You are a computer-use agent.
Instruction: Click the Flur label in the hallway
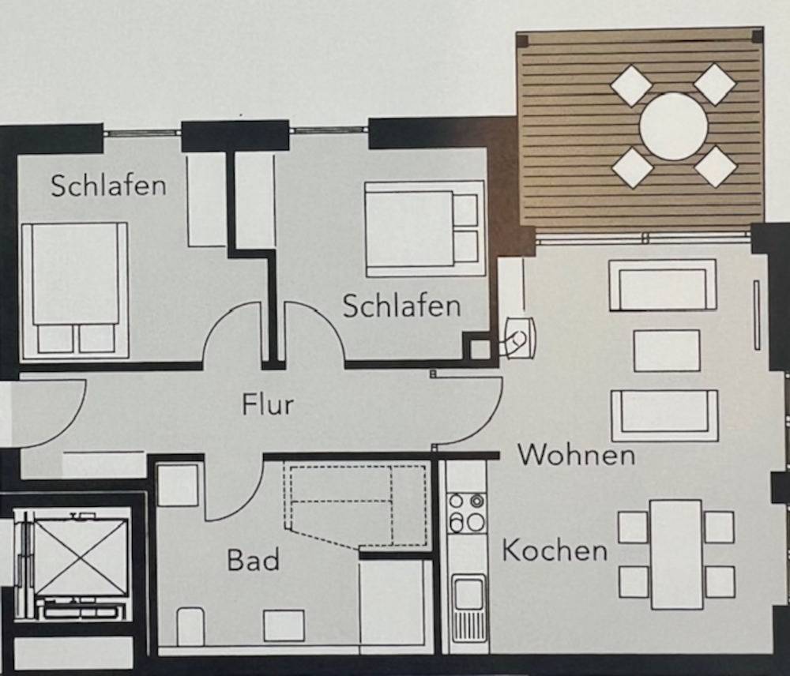click(268, 405)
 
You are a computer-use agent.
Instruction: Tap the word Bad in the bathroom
click(253, 560)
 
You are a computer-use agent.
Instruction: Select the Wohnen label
click(577, 456)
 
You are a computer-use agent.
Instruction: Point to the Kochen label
click(555, 550)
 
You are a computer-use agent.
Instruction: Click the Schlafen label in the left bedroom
click(108, 185)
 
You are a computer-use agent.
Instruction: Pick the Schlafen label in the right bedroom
click(401, 306)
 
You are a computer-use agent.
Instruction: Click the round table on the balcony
click(674, 126)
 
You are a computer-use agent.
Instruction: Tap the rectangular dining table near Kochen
click(676, 554)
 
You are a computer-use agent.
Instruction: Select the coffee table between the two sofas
click(667, 351)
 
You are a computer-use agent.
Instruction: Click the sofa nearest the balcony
click(663, 285)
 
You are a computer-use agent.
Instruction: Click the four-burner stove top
click(467, 513)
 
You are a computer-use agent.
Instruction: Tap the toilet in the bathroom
click(190, 626)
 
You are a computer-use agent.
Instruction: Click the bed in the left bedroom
click(75, 291)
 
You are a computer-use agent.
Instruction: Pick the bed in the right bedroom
click(424, 229)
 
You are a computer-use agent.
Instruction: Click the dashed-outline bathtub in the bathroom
click(356, 504)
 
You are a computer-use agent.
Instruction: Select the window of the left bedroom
click(142, 133)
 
